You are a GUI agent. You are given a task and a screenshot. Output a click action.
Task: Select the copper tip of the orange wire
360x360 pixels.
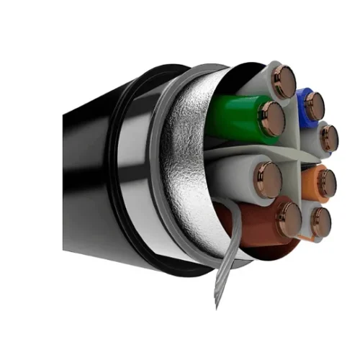pos(324,183)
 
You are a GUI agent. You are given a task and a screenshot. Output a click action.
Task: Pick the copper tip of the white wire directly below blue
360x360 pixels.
pos(328,137)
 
